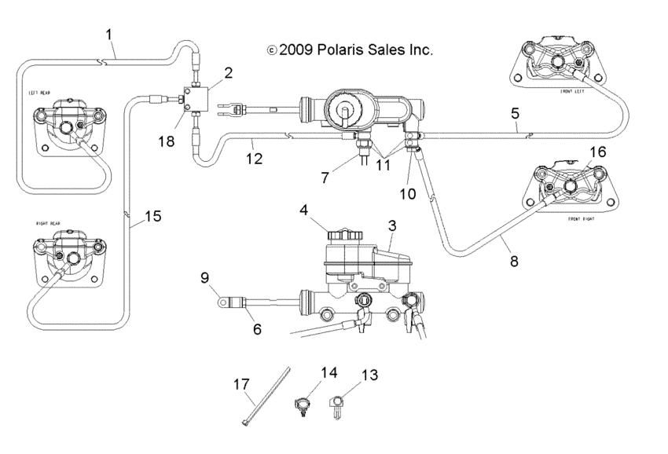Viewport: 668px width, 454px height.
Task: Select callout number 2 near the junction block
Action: [228, 73]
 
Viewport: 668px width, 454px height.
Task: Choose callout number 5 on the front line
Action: [514, 114]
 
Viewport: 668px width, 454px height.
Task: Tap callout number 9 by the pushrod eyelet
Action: [205, 276]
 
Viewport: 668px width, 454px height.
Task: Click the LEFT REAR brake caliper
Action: [64, 126]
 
